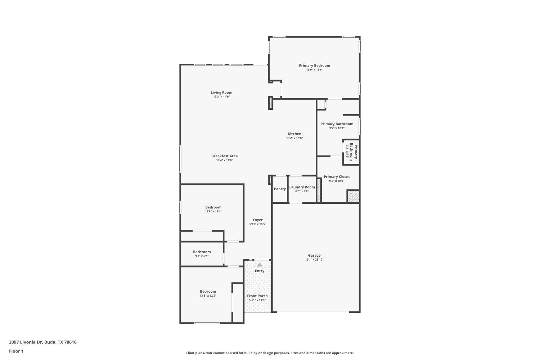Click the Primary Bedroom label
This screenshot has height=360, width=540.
(314, 66)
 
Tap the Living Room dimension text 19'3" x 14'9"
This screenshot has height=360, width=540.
(221, 97)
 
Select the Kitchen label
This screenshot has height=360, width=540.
(294, 134)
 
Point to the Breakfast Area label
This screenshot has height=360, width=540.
(224, 156)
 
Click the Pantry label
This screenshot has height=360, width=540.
(280, 189)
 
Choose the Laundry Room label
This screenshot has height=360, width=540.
(302, 187)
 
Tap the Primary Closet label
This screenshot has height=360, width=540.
(337, 177)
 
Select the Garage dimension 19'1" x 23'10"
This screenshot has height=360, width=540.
(314, 260)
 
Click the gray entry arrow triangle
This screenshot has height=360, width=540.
(260, 265)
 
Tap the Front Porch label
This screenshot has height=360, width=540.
(257, 296)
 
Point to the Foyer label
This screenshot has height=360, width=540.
(257, 220)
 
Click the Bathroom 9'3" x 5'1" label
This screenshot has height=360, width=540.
(202, 252)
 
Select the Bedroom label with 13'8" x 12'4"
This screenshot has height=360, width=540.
(213, 207)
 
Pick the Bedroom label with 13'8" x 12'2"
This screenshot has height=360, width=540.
(208, 292)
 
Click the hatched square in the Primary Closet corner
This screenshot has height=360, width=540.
(353, 197)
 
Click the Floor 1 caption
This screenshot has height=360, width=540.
(16, 351)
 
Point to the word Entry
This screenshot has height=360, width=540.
(260, 271)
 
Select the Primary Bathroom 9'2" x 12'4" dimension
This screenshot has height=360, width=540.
(337, 128)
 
